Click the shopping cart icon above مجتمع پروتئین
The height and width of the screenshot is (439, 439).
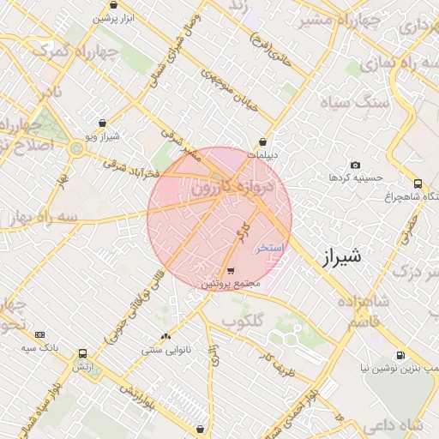click(229, 270)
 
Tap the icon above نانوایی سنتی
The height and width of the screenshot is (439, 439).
click(165, 337)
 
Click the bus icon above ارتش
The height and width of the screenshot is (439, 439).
click(82, 353)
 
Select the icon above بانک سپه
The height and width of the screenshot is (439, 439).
click(39, 334)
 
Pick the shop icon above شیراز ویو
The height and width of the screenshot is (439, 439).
click(103, 123)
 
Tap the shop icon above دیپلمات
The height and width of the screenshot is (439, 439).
click(262, 142)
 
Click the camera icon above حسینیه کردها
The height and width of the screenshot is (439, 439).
click(355, 165)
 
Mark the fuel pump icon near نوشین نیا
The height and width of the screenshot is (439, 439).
click(400, 355)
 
